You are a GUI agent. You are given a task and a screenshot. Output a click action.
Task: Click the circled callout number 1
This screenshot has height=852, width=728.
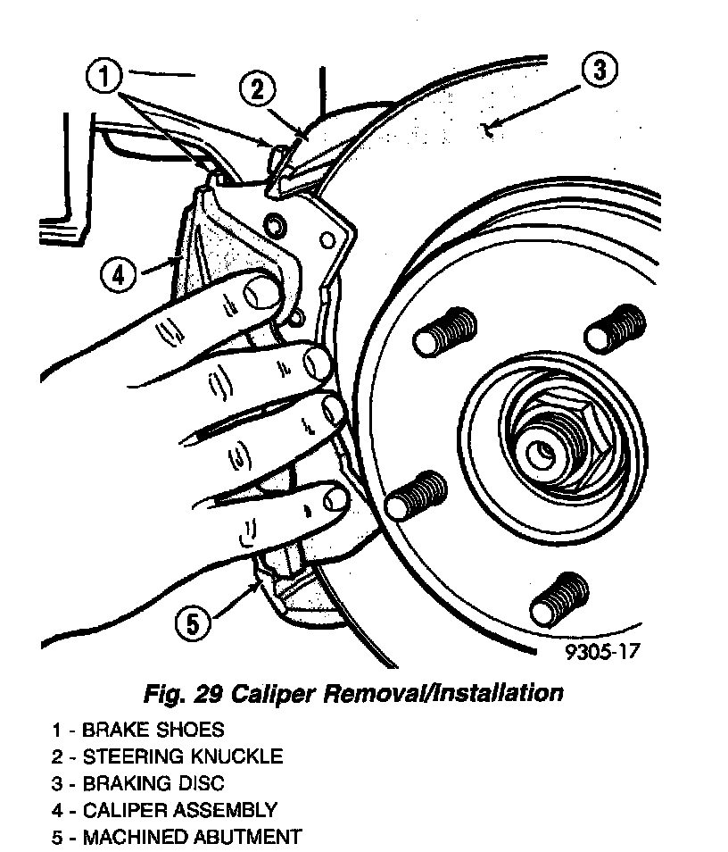[104, 76]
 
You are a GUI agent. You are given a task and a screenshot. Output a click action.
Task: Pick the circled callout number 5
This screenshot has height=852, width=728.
[194, 623]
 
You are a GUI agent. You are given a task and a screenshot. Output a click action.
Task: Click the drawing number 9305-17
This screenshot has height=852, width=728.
[602, 651]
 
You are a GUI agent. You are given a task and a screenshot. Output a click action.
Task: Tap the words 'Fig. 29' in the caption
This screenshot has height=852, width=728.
[182, 693]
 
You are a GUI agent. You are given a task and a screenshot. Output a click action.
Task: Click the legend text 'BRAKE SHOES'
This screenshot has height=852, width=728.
[153, 730]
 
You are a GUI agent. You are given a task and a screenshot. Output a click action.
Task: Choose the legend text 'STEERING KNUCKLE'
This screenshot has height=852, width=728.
[182, 756]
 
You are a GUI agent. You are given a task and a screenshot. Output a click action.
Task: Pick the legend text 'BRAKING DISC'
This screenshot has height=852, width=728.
[153, 783]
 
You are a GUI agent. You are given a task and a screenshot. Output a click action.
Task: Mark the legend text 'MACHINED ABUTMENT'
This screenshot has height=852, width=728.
[192, 837]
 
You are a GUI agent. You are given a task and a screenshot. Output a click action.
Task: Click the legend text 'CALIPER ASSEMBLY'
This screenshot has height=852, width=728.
[179, 810]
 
